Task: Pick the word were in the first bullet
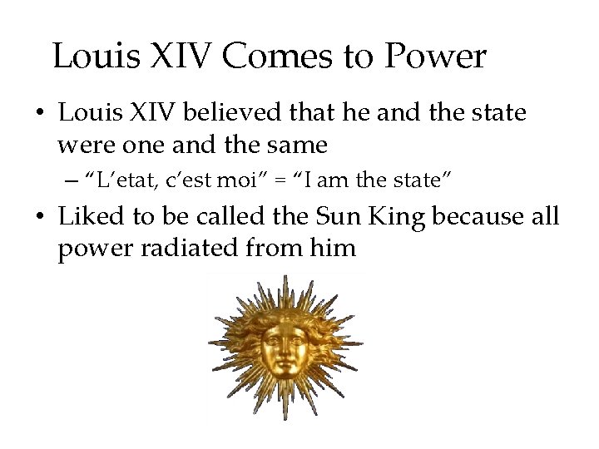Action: click(84, 146)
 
